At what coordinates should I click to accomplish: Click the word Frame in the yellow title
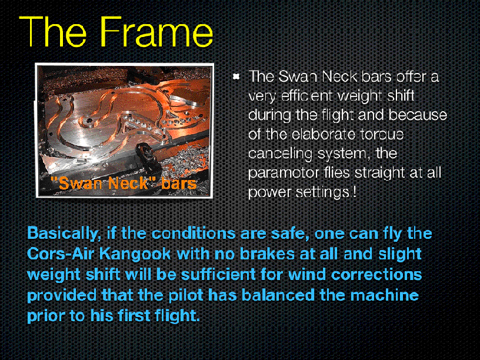156,32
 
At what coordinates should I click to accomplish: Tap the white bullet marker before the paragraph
236,76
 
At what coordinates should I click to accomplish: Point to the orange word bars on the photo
179,183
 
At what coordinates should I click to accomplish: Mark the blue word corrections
376,274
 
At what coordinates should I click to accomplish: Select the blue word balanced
278,295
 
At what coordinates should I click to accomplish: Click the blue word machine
385,295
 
